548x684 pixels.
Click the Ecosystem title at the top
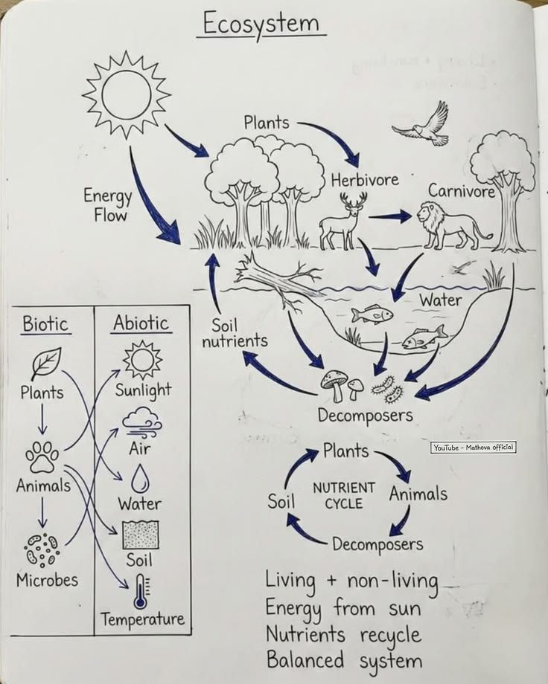261,24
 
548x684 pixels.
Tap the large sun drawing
126,94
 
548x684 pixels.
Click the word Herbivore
365,180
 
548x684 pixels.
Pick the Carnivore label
462,191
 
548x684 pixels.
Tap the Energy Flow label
108,206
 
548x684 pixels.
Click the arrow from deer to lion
389,216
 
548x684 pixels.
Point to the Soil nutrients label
234,333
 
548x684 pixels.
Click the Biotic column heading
45,324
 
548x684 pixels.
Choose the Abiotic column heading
141,323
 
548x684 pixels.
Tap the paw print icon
43,456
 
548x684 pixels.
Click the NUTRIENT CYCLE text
343,495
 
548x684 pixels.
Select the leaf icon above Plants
45,364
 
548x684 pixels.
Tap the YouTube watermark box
473,448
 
